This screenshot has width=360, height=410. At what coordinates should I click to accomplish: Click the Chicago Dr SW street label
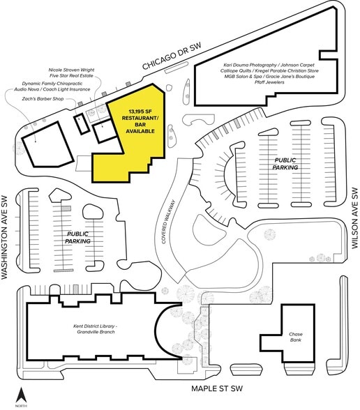click(172, 56)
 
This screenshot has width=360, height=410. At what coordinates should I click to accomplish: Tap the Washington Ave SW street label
click(5, 237)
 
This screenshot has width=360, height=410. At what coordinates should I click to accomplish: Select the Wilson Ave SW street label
click(354, 218)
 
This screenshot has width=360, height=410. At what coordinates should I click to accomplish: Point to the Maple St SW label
click(217, 388)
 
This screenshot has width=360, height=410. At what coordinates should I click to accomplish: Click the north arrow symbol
click(20, 395)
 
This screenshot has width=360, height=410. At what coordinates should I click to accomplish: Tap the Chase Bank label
click(296, 337)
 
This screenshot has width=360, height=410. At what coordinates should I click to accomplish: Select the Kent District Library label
click(96, 329)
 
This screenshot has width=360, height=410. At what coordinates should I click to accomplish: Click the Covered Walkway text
click(168, 222)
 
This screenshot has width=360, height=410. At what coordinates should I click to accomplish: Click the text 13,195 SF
click(140, 112)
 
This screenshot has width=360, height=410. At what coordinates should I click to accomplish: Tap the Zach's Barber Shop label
click(43, 99)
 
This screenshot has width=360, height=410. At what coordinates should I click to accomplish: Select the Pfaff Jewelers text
click(269, 82)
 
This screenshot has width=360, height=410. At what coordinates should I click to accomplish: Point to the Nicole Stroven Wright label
click(71, 70)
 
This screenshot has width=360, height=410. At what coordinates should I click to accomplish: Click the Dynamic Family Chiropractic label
click(52, 84)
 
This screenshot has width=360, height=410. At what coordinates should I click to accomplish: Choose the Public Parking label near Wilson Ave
click(285, 164)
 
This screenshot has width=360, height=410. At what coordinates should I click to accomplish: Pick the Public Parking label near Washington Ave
click(77, 237)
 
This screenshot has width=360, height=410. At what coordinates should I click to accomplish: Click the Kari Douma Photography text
click(250, 65)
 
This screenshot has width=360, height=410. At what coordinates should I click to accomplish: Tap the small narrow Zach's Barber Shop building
click(82, 124)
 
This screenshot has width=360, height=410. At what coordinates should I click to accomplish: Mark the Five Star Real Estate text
click(71, 76)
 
